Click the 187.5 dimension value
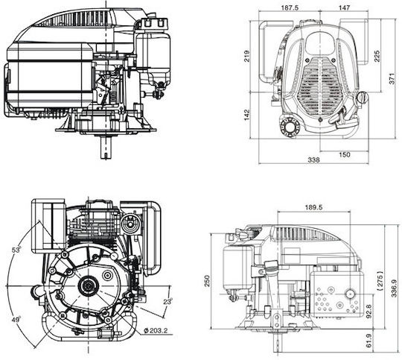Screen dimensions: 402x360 290,7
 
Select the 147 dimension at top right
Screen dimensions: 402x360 344,7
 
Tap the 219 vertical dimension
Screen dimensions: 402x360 247,56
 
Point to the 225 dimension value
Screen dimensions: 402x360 377,56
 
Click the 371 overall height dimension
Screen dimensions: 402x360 392,78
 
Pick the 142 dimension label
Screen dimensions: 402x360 246,115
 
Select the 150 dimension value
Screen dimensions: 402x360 345,154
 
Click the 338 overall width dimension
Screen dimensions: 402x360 314,160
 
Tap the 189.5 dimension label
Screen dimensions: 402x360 314,207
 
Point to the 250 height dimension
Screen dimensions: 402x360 207,281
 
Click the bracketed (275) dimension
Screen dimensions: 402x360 380,280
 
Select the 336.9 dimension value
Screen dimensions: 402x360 394,288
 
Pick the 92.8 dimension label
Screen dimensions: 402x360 368,312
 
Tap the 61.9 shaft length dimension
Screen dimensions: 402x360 368,341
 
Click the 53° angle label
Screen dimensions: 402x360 16,250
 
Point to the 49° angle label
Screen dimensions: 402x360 16,320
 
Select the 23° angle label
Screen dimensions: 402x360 168,301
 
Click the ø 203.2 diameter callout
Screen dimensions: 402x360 156,330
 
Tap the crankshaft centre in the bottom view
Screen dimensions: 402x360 88,285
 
